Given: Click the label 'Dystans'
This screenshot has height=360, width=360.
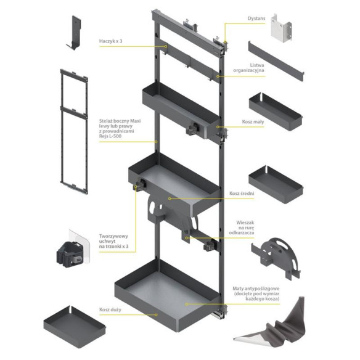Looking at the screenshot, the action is (256, 18).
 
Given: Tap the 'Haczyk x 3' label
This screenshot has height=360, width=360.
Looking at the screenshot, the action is (110, 41).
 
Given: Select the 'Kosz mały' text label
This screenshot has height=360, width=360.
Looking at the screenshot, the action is (253, 121).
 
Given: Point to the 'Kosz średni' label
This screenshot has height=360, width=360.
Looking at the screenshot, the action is (242, 194).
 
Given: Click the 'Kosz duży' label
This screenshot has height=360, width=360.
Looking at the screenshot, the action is (110, 309).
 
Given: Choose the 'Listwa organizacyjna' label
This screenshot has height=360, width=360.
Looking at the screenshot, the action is (248, 68).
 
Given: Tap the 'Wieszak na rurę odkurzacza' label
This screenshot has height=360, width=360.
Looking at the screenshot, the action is (242, 227).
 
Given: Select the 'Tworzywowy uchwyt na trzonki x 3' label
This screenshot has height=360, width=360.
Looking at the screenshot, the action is (113, 241).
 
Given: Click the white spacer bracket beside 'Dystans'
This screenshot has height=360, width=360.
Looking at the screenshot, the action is (281, 28).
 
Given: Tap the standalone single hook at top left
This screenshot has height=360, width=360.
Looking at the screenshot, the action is (75, 33).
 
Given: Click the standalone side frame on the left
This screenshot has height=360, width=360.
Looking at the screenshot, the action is (74, 131).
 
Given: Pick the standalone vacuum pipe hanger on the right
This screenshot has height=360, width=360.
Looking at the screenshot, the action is (276, 258).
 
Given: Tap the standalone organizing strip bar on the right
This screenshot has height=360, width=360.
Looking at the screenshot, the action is (276, 61).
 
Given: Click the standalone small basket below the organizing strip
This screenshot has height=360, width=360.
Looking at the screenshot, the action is (276, 112).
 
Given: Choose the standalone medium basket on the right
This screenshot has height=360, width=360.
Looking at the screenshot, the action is (276, 184).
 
